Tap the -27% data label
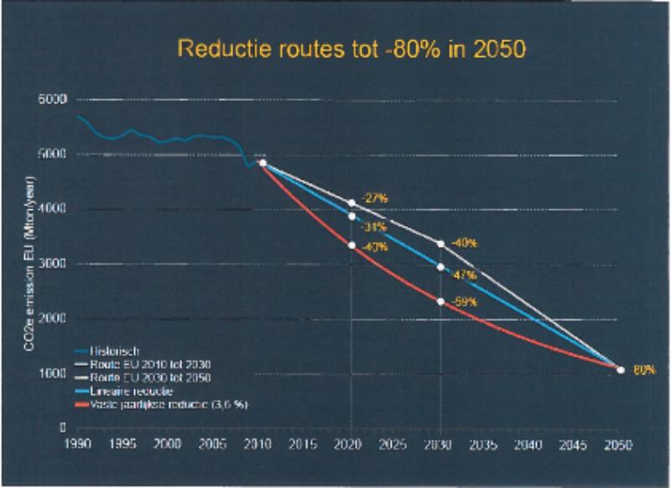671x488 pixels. coord(373,199)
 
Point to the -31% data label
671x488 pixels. coord(373,226)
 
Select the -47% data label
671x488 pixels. coord(463,275)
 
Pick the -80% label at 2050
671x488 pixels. coord(643,369)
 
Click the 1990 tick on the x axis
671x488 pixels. coord(78,443)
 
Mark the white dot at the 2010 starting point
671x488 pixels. coord(263,163)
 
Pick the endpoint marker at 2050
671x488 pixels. coord(621,369)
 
